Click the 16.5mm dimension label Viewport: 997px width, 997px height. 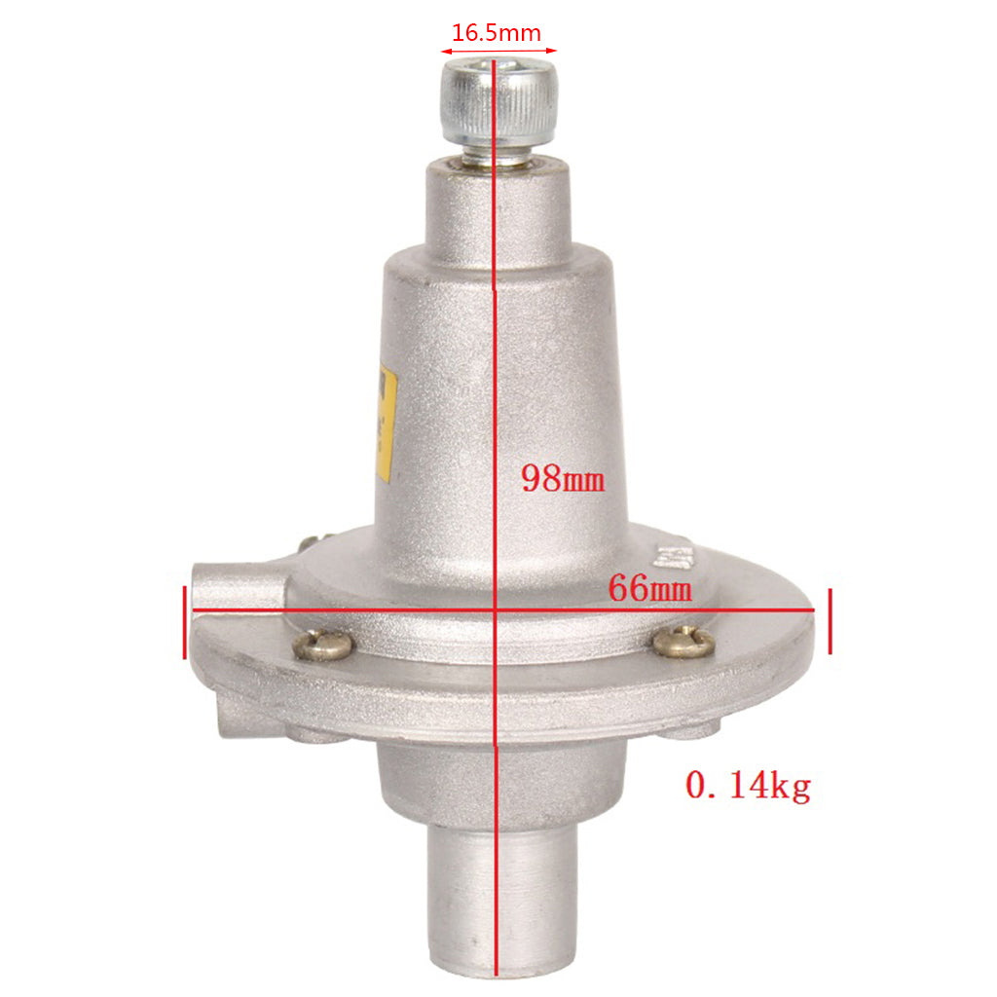tap(498, 32)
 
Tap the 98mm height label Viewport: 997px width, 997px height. tap(564, 478)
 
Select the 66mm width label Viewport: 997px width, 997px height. tap(649, 588)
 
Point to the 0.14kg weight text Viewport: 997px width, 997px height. tap(748, 785)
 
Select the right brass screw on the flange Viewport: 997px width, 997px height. tap(684, 640)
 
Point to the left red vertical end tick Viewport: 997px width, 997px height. tap(184, 621)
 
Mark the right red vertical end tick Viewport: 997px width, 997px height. tap(830, 621)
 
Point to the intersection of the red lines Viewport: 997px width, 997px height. tap(497, 610)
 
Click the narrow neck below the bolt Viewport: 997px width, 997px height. tap(498, 204)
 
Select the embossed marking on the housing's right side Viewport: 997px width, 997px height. tap(674, 556)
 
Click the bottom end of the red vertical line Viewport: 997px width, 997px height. tap(497, 974)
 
